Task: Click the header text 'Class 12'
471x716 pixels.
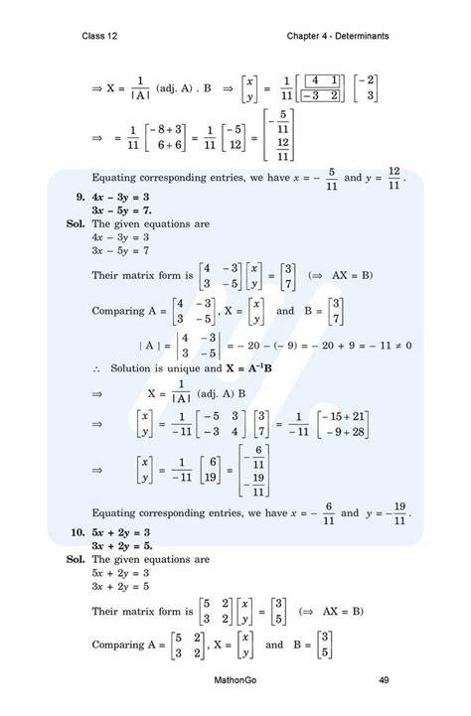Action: click(103, 37)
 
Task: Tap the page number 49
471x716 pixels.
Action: click(383, 680)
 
